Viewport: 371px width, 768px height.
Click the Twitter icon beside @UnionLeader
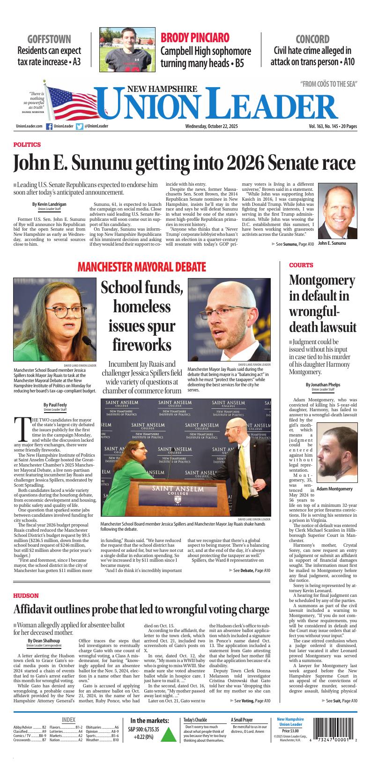coord(80,126)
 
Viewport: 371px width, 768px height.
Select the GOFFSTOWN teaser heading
coord(49,39)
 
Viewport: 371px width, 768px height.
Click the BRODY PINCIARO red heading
coord(195,38)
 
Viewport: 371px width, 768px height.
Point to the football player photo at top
coord(126,49)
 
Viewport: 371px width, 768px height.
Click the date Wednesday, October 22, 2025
coord(212,126)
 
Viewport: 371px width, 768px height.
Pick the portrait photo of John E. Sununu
coord(335,211)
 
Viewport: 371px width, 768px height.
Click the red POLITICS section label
coord(27,145)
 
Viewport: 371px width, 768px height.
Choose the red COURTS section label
coord(301,265)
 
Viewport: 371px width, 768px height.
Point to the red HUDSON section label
coord(26,595)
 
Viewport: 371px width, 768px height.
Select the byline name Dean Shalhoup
coord(44,641)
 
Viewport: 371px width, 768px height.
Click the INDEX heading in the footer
coord(68,720)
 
